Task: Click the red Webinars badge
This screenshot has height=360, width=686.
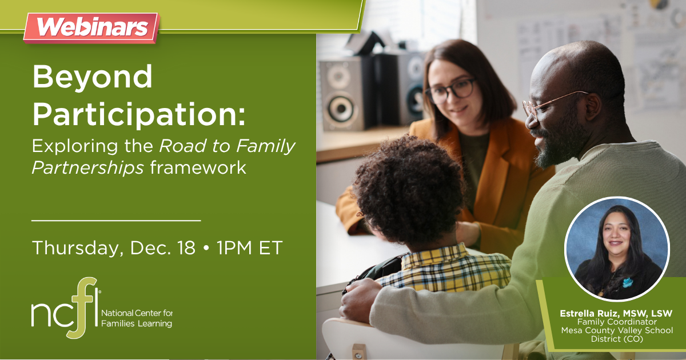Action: pyautogui.click(x=91, y=27)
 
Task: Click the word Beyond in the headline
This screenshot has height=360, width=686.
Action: pyautogui.click(x=93, y=77)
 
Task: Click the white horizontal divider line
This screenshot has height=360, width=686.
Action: pyautogui.click(x=116, y=219)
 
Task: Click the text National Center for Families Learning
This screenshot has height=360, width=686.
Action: pyautogui.click(x=137, y=319)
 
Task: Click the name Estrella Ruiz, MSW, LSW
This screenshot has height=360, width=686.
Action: pyautogui.click(x=616, y=314)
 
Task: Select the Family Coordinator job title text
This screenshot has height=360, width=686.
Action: pyautogui.click(x=616, y=322)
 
